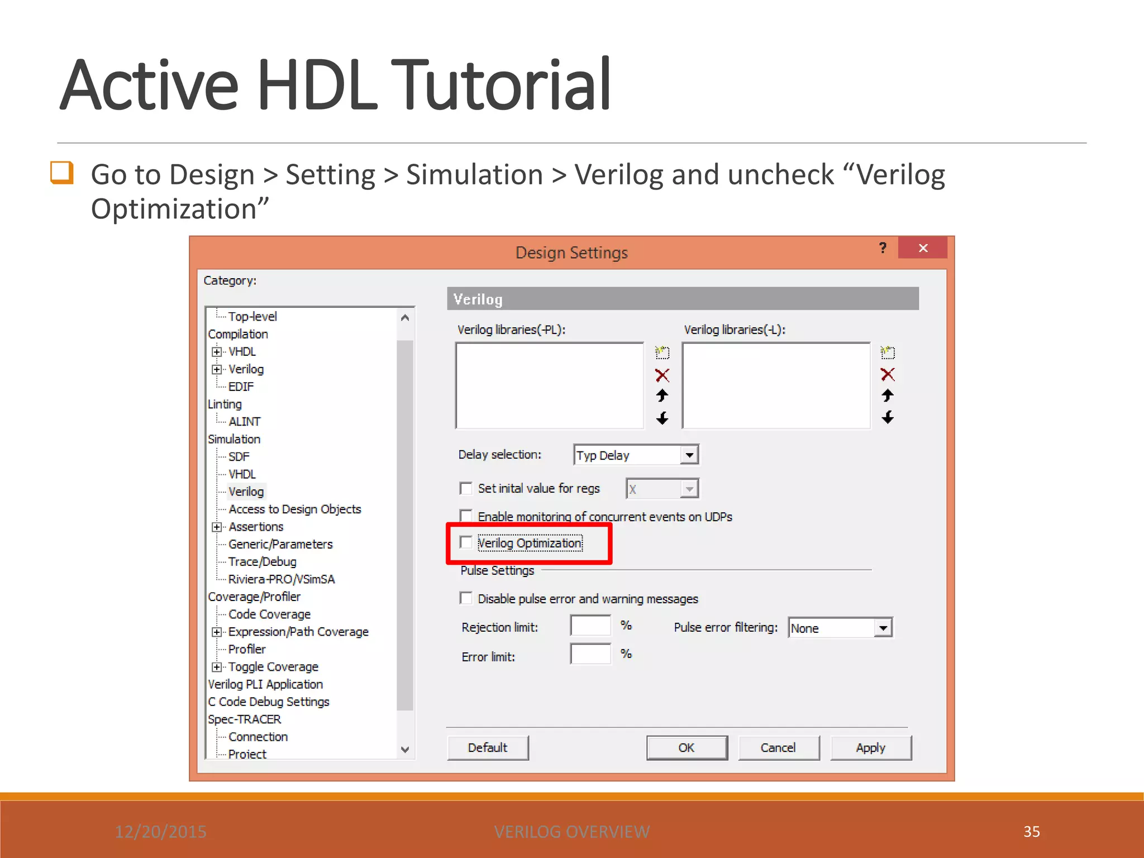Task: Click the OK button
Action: pos(687,748)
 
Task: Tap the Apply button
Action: pos(870,748)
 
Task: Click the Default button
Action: pos(488,748)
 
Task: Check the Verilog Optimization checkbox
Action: pos(466,542)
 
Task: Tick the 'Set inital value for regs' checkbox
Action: pos(466,489)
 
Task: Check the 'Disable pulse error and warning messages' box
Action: pos(466,598)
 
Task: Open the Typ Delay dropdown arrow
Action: pos(690,455)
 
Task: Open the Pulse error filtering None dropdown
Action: pos(883,628)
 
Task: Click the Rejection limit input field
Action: pos(590,626)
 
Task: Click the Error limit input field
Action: pos(590,654)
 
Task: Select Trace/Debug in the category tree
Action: pos(262,562)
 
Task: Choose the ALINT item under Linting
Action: pos(244,422)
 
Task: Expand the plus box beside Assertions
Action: pos(217,527)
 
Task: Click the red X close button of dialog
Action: pos(923,248)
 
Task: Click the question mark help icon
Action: pos(883,248)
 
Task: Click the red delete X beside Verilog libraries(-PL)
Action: pos(662,375)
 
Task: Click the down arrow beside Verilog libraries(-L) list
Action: pos(888,417)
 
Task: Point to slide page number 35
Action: pos(1031,832)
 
